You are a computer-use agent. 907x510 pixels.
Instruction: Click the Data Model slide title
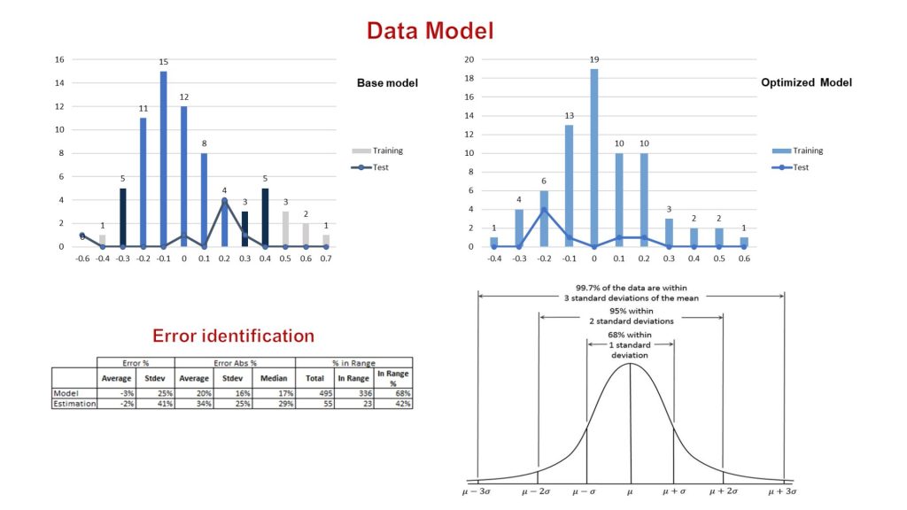tap(430, 30)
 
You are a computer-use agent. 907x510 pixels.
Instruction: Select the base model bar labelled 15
tap(164, 159)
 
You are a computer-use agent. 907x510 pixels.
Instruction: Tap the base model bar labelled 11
tap(143, 182)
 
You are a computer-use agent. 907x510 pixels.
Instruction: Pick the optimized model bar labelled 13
tap(569, 186)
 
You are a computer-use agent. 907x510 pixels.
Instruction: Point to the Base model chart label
tap(387, 83)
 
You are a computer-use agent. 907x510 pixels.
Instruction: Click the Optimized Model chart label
tap(806, 82)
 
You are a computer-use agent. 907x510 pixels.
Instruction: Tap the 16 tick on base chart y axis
tap(59, 60)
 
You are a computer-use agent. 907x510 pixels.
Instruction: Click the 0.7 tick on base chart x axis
tap(326, 259)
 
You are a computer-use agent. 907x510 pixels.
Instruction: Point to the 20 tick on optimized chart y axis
tap(470, 60)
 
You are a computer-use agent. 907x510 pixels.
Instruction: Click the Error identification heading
tap(233, 336)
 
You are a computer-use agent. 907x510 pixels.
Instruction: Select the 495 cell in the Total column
tap(314, 392)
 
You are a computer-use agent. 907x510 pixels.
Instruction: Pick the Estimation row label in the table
tap(74, 403)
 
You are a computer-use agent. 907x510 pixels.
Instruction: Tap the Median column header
tap(275, 379)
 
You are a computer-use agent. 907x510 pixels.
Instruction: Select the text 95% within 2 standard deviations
tap(631, 316)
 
